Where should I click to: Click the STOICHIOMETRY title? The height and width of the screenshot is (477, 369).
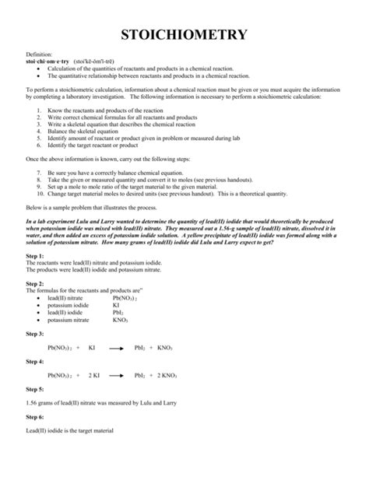pos(184,35)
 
